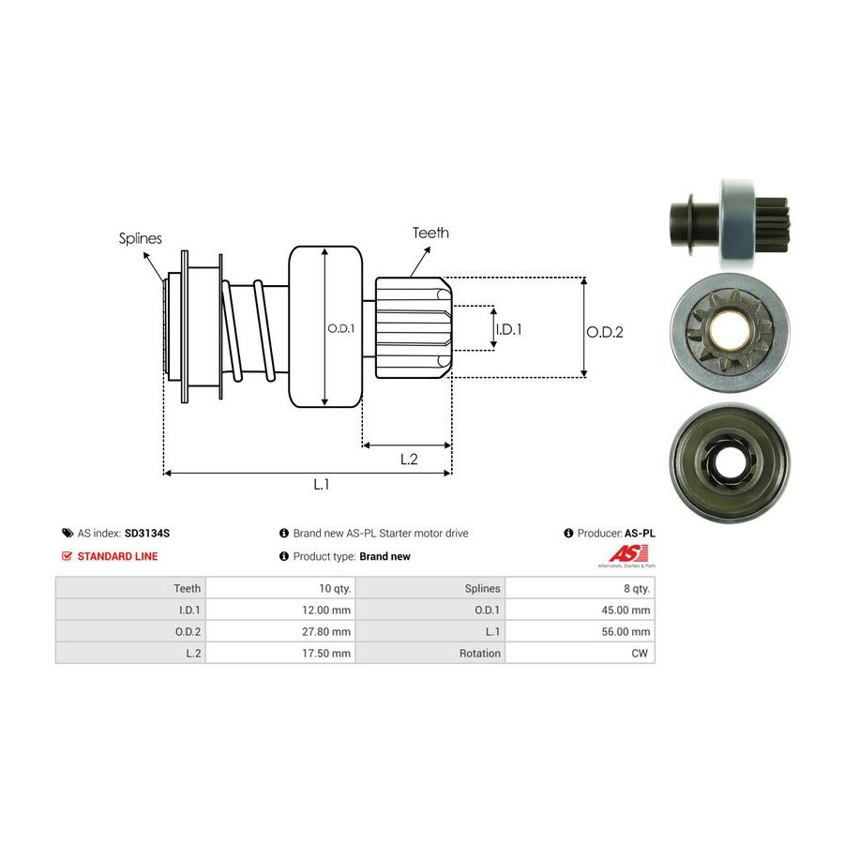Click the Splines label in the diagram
(x=141, y=238)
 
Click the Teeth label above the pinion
(x=430, y=233)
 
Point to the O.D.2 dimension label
(x=605, y=331)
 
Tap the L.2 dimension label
(x=409, y=459)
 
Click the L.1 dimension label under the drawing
(x=322, y=484)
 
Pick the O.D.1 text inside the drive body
(x=339, y=328)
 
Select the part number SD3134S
(x=147, y=533)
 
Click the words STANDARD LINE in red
(x=117, y=556)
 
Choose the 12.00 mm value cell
(x=327, y=610)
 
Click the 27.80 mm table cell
(x=327, y=631)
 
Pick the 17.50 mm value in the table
(x=327, y=653)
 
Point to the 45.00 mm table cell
(x=627, y=610)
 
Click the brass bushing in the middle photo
(x=728, y=329)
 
